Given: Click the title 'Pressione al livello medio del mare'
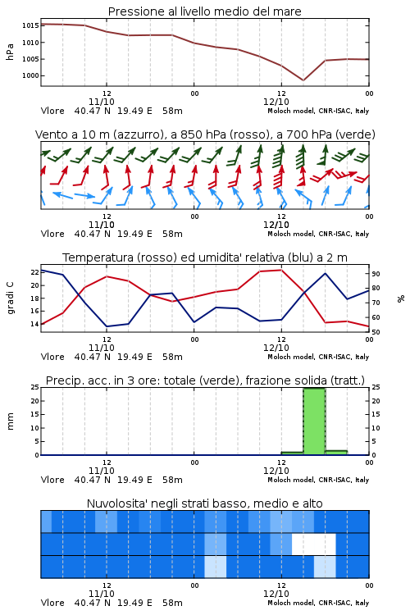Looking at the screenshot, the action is [204, 11].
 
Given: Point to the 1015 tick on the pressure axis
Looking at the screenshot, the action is [30, 26].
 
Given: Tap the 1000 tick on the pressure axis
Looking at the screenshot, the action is [30, 75].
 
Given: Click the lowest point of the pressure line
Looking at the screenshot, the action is [303, 80].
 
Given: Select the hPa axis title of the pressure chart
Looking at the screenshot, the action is [10, 52].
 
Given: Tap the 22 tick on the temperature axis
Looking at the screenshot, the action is [34, 272].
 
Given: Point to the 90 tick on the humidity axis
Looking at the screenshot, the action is [376, 274].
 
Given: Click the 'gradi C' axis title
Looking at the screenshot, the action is [10, 298].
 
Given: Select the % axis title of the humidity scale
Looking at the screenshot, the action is [401, 298].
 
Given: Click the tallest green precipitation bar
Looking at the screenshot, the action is [314, 421].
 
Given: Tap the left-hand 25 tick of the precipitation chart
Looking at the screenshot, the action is [34, 387].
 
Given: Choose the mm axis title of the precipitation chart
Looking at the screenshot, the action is [10, 421].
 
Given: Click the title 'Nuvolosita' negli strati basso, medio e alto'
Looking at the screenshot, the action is [204, 503].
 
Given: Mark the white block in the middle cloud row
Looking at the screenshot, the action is [314, 544].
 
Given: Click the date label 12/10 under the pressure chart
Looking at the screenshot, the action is [276, 102].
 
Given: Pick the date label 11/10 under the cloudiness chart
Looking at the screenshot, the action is [102, 594].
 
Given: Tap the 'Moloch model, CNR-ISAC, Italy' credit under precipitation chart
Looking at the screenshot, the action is [318, 480].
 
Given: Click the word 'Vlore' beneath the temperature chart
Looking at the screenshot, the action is [52, 357].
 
